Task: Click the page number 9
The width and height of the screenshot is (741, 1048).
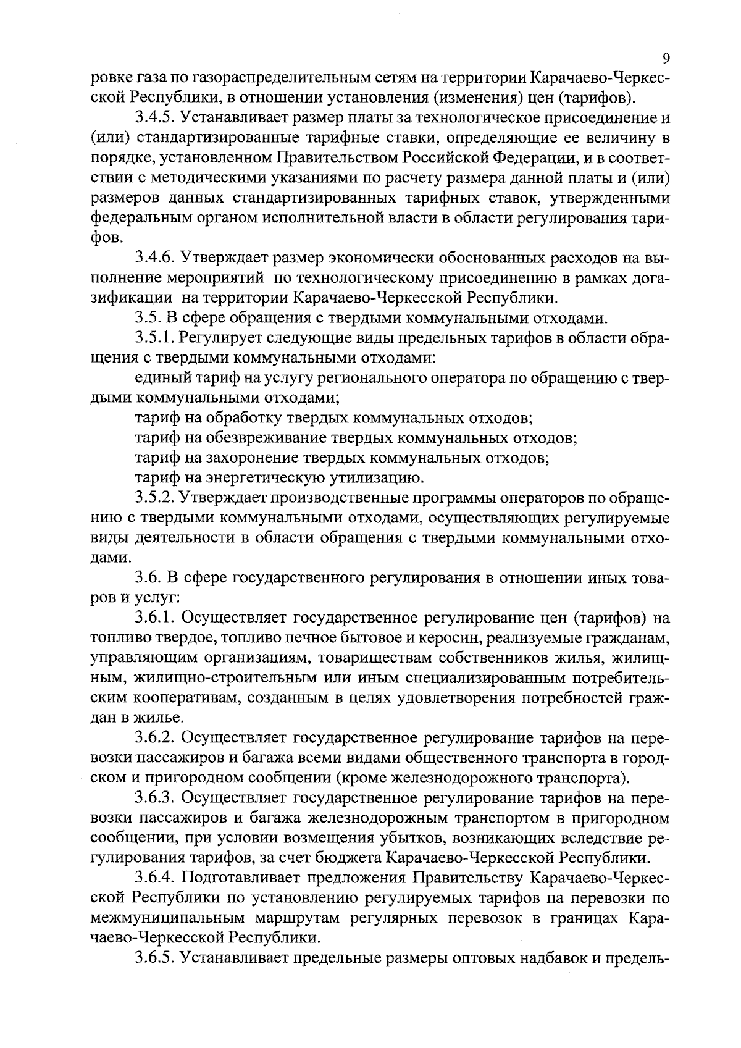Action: pos(666,59)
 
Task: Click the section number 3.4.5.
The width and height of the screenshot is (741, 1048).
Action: pos(154,117)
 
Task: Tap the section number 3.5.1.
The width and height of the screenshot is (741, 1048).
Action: pos(154,338)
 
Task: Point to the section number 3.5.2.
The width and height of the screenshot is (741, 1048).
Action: pos(154,498)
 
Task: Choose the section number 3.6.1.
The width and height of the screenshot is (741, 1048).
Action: pos(154,618)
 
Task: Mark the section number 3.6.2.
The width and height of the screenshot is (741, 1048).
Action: pos(154,738)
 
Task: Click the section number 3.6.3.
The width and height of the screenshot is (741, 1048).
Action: pos(154,799)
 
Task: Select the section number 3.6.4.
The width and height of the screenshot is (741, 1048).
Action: pos(154,878)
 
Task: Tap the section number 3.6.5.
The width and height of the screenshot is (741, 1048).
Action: pos(154,958)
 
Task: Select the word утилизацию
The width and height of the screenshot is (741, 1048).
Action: pos(371,479)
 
